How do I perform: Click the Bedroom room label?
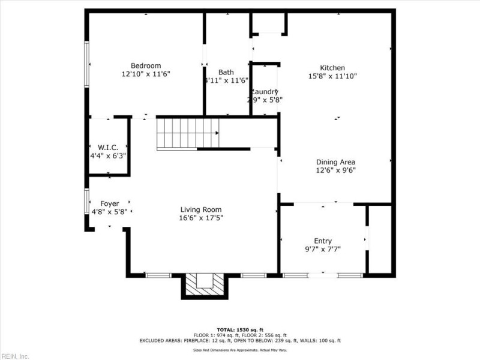146,65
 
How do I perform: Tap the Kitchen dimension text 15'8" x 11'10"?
332,76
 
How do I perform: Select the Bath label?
226,72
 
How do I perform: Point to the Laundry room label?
265,92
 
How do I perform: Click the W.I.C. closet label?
108,147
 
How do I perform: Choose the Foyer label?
109,203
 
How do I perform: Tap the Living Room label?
201,209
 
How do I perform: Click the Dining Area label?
336,161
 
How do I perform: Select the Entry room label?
323,241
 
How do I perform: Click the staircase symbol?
188,133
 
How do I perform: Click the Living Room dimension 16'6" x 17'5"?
201,218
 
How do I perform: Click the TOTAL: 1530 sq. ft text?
240,330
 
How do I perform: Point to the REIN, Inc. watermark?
15,356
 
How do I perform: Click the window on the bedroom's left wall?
87,64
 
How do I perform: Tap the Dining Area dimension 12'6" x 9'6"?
336,170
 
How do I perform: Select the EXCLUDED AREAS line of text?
240,340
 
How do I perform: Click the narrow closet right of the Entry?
380,239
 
